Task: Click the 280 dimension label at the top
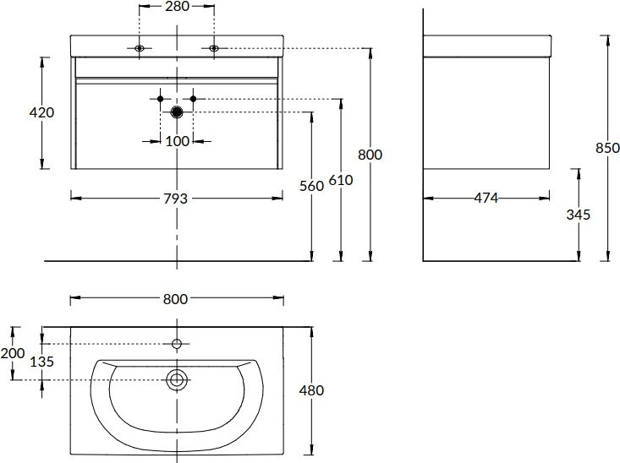click(177, 6)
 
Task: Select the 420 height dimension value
click(41, 112)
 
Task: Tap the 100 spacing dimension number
click(177, 141)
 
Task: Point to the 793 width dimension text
click(176, 199)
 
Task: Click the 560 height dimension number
click(311, 186)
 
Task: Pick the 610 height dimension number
click(340, 180)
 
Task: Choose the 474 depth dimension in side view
click(486, 198)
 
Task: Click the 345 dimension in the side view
click(578, 215)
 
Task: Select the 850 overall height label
click(608, 148)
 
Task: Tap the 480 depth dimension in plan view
click(311, 390)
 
